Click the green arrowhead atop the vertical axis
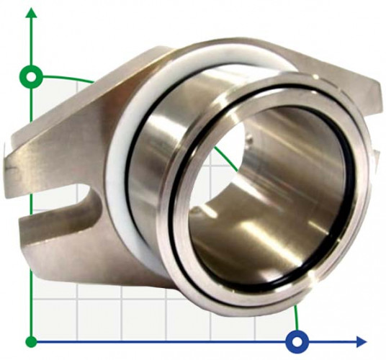coord(31,13)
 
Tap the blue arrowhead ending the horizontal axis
coord(362,341)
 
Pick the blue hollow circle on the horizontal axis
coord(296,341)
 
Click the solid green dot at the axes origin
coord(31,341)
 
